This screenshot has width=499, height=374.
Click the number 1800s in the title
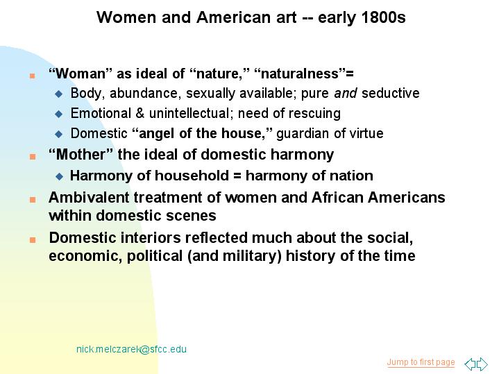point(384,17)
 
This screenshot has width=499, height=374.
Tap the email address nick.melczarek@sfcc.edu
point(131,349)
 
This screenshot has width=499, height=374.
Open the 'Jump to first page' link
point(421,362)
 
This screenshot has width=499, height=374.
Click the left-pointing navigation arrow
point(470,364)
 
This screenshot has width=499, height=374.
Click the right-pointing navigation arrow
point(482,364)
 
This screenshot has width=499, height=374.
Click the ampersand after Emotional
point(139,113)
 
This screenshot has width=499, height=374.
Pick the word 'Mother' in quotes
point(81,154)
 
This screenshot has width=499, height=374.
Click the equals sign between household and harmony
point(237,176)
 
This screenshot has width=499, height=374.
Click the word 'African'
point(337,197)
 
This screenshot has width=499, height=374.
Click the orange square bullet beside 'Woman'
point(32,76)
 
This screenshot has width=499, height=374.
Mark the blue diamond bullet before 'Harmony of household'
point(59,176)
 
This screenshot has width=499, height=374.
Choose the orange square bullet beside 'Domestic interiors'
point(33,239)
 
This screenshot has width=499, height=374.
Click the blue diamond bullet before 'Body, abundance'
point(59,94)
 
